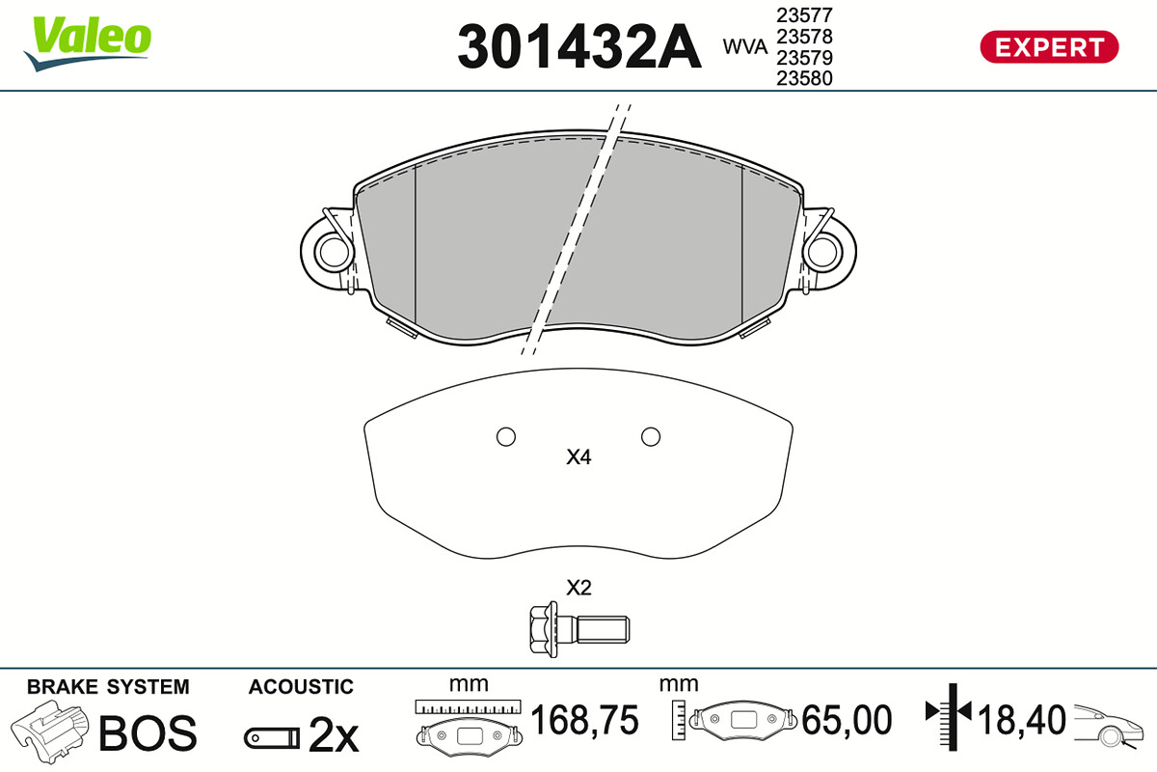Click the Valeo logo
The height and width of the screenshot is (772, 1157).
88,43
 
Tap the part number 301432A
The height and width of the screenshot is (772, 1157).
579,46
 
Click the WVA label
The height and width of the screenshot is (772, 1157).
745,47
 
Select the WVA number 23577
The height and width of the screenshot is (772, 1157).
804,15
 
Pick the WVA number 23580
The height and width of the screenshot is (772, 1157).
804,78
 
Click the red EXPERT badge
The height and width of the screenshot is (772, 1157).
1049,47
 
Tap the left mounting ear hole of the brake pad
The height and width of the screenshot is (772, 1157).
335,252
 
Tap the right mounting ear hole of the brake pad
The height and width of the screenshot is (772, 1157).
822,252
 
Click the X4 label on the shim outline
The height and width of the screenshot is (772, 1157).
578,457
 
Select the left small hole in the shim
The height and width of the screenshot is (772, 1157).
505,437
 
